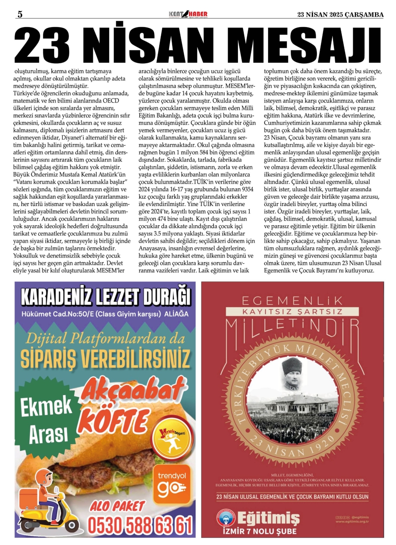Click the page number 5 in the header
point(20,14)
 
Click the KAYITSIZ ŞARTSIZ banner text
point(292,311)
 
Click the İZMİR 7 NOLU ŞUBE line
point(260,531)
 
